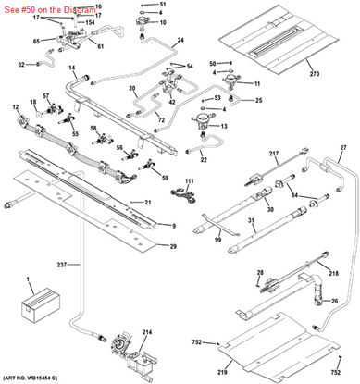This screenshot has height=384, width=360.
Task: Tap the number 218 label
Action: point(334,275)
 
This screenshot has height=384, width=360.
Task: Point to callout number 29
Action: point(172,245)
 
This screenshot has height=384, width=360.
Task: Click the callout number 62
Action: point(21,64)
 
